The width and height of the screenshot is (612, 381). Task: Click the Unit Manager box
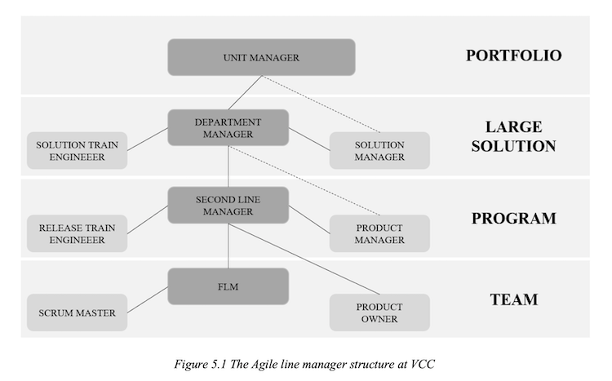[261, 57]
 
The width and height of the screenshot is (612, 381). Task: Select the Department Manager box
[228, 127]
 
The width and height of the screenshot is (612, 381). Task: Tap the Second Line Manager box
[228, 205]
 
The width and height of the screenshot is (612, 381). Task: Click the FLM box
[228, 286]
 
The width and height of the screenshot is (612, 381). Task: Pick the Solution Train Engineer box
[78, 151]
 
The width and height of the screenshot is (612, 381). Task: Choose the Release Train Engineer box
[78, 233]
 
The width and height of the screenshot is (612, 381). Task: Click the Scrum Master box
[78, 312]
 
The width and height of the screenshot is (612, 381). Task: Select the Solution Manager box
[379, 151]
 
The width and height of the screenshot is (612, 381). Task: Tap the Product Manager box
[379, 233]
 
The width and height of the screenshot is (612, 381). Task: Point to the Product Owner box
[379, 312]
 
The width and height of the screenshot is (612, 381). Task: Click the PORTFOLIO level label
[513, 55]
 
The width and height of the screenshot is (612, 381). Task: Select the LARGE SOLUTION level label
[513, 136]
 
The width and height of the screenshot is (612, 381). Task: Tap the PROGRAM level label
[513, 218]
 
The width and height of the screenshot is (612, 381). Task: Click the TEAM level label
[513, 299]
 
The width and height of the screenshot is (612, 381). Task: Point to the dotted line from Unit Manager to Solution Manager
[321, 104]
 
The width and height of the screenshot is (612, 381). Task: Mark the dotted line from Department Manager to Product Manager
[304, 180]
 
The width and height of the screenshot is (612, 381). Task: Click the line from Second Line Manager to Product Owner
[304, 259]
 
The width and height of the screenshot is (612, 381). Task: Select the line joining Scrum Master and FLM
[148, 299]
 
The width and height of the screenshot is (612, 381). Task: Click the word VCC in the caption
[423, 364]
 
